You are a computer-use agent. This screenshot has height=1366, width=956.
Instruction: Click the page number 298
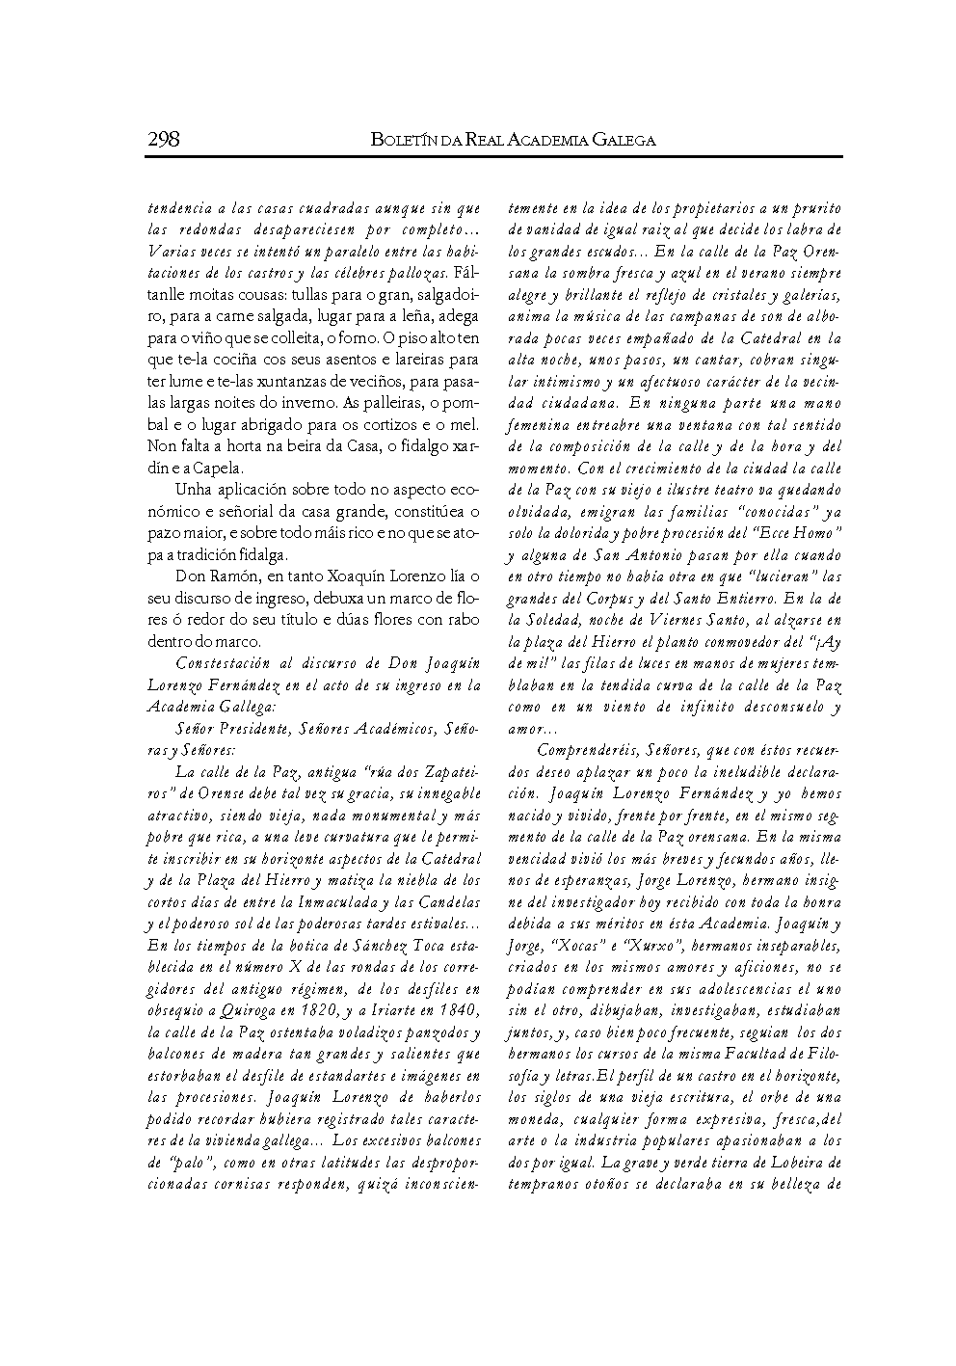point(164,139)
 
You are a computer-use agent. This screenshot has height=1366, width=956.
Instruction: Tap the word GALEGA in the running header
point(621,140)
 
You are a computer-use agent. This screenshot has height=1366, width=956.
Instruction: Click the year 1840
point(454,1010)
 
